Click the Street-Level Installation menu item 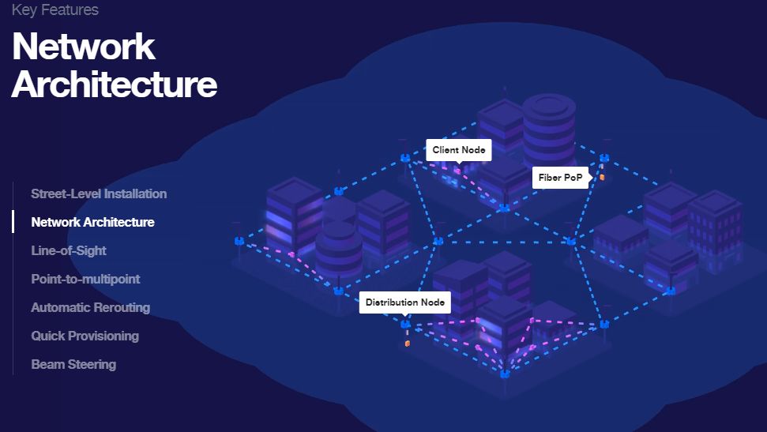(x=99, y=193)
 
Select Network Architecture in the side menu (x=92, y=222)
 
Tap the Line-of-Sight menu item (x=69, y=250)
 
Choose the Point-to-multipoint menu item (x=85, y=279)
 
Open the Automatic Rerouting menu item (x=90, y=307)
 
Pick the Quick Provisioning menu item (x=85, y=336)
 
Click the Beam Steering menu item (x=73, y=364)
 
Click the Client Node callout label (x=458, y=150)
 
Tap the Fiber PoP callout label (x=560, y=178)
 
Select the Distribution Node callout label (x=404, y=302)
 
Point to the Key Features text (x=55, y=10)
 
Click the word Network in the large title (x=84, y=47)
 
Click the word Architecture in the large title (x=115, y=84)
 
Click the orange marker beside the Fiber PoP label (x=602, y=177)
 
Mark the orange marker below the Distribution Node (x=407, y=344)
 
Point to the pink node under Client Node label (x=457, y=171)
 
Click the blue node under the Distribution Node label (x=405, y=324)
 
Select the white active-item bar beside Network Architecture (x=13, y=222)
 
